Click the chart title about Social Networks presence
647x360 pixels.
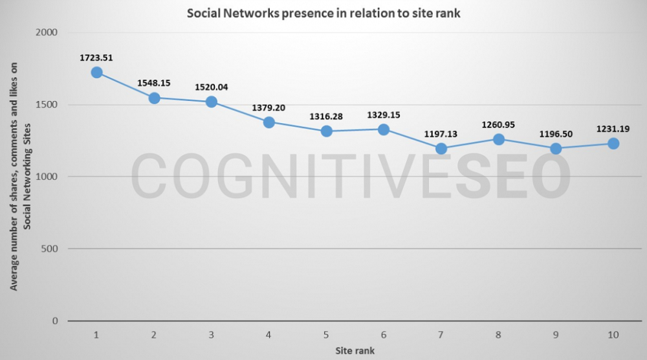[323, 13]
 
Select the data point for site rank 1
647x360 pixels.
[96, 73]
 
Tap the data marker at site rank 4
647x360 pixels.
[269, 122]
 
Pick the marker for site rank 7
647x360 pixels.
[441, 148]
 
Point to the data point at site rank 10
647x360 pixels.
[613, 144]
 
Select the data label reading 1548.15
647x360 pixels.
[154, 83]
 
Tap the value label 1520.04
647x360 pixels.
[211, 87]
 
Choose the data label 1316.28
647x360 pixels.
[326, 117]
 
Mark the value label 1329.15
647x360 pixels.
[384, 115]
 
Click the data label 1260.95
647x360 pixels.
[499, 124]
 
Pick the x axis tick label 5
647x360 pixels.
[326, 335]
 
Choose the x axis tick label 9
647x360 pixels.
[556, 335]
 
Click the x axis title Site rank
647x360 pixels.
[355, 350]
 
